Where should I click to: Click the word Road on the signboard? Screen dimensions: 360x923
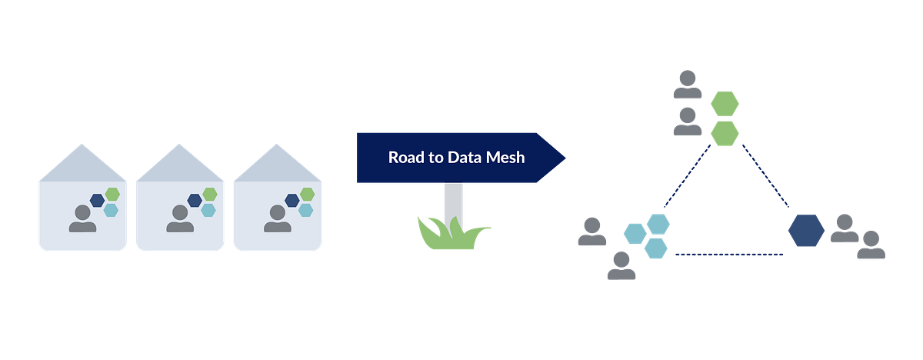405,158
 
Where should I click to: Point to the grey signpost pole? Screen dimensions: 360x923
453,202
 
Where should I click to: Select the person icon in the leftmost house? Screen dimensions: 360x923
83,218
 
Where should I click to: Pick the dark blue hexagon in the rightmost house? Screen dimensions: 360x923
292,201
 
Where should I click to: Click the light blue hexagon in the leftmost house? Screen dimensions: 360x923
112,210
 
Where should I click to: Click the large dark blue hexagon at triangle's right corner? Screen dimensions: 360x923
806,229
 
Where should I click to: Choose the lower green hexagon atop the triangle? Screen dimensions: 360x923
725,132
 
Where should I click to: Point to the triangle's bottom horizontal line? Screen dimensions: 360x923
728,254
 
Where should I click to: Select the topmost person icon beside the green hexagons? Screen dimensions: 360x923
687,85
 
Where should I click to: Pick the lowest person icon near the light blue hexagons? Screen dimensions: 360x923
621,265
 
